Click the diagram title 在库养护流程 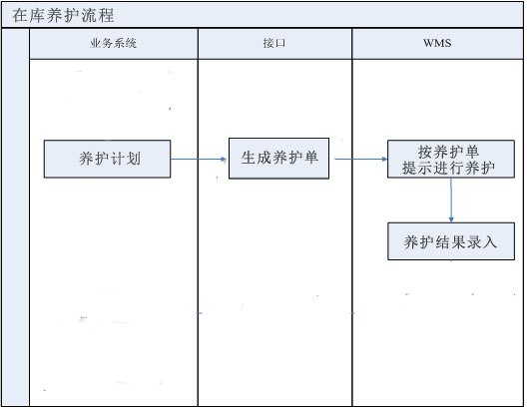coord(63,15)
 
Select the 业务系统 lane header coord(114,44)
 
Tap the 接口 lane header coord(274,44)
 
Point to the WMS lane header coord(437,44)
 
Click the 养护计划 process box coord(107,159)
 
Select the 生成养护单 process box coord(278,159)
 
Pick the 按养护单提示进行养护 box coord(451,159)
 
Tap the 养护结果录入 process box coord(451,241)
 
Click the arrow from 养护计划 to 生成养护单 coord(199,159)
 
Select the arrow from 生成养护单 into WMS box coord(360,159)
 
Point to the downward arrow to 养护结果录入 coord(451,201)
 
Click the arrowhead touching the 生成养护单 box coord(224,159)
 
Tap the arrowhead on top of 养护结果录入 coord(451,219)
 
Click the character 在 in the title coord(20,15)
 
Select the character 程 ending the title coord(106,15)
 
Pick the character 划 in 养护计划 coord(134,159)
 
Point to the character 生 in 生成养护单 coord(249,158)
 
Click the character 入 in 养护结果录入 coord(489,241)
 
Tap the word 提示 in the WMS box coord(417,168)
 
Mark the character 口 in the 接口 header coord(280,43)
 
